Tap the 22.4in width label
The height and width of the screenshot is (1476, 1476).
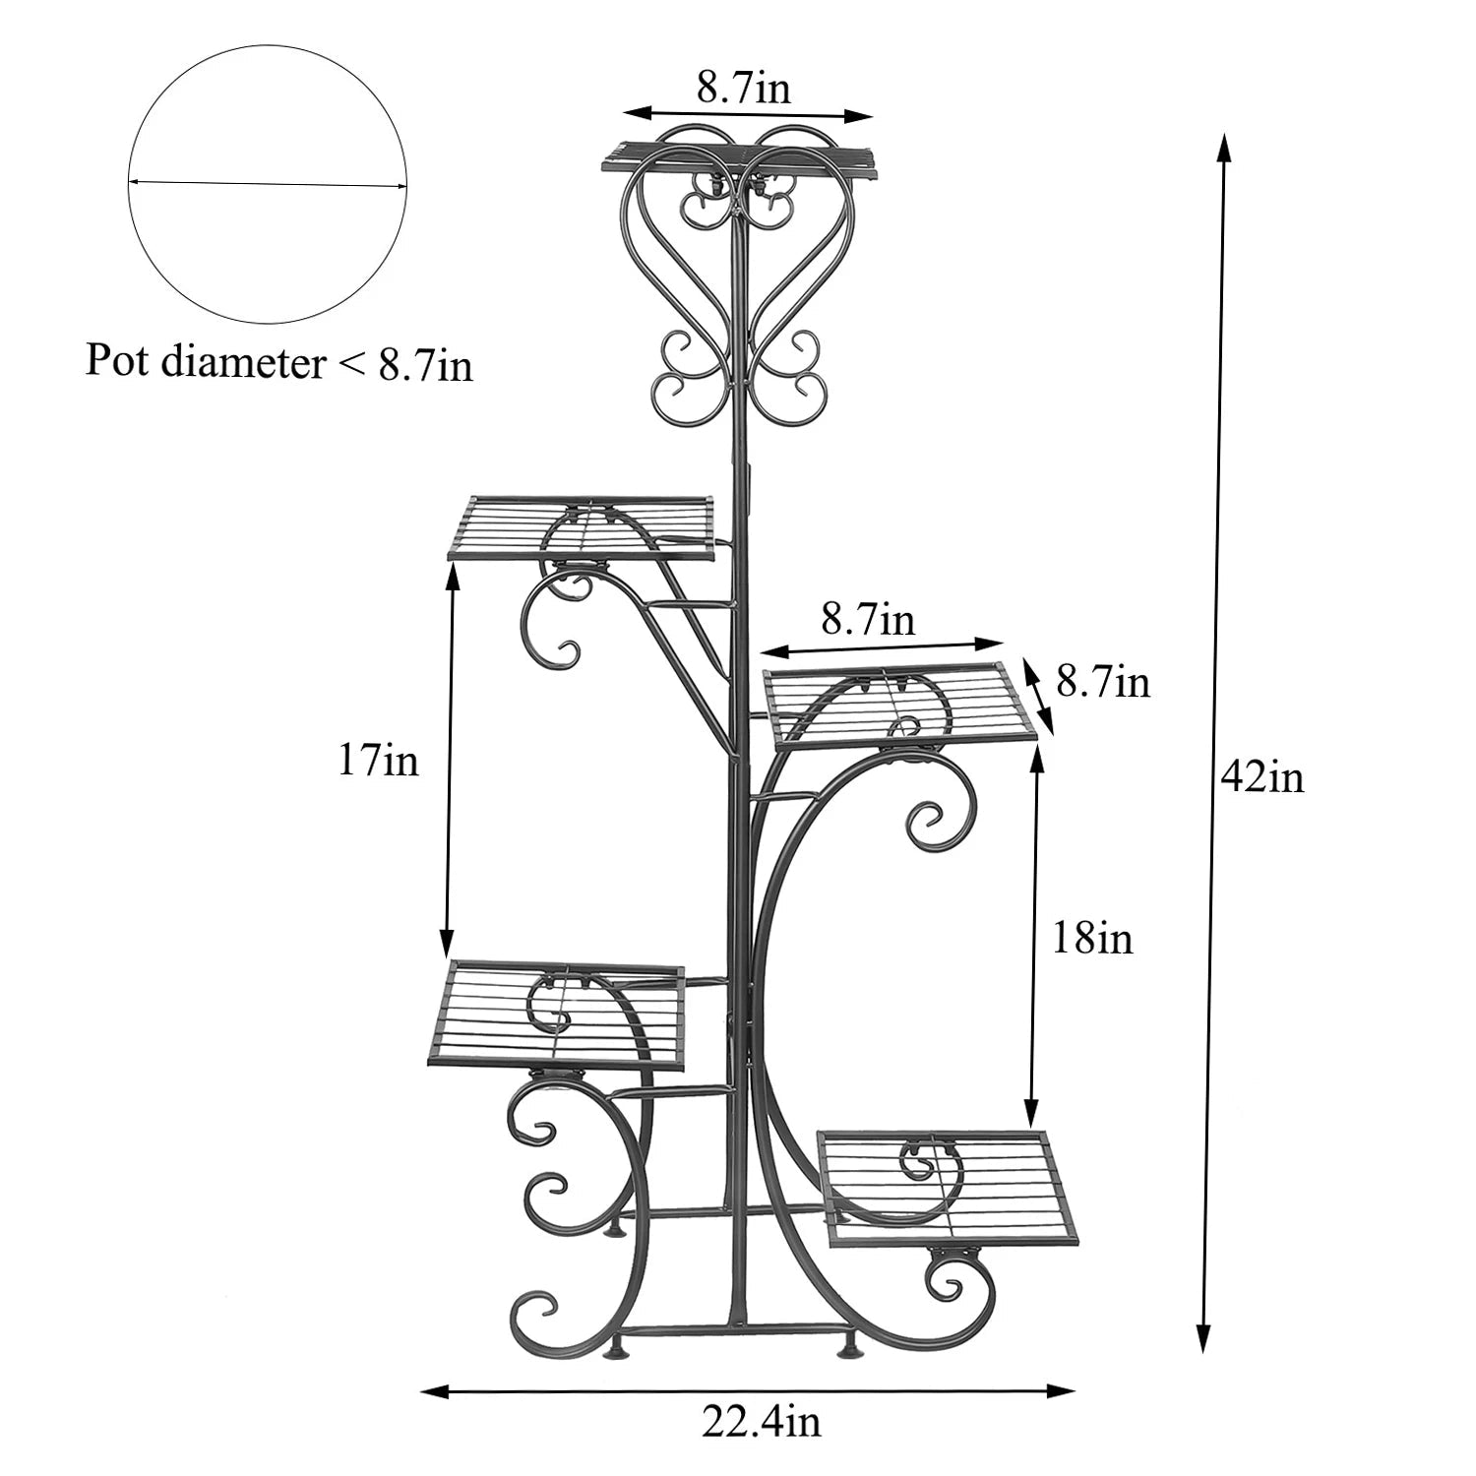click(761, 1421)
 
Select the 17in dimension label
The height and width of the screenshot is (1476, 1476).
click(378, 761)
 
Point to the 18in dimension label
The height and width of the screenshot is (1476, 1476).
click(1092, 938)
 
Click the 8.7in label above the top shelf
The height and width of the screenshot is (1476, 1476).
click(744, 90)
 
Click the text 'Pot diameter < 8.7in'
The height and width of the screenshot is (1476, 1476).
click(278, 363)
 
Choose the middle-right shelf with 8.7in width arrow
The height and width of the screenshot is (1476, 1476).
click(900, 703)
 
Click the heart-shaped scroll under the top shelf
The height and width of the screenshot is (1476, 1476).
click(738, 285)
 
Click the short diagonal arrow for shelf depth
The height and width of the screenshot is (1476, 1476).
click(1038, 696)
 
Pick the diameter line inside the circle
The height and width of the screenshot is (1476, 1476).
click(267, 184)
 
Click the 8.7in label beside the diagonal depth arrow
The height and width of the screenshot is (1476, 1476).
click(1103, 681)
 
